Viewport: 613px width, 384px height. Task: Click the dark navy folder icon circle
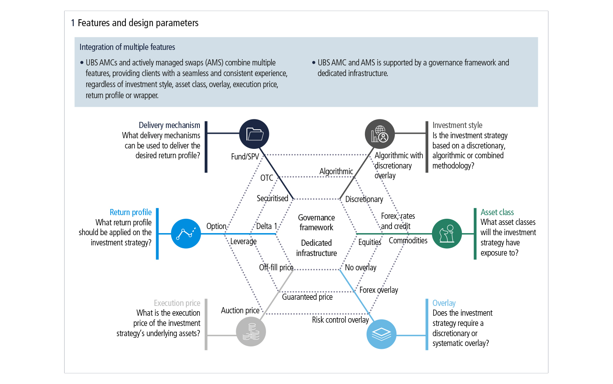pyautogui.click(x=254, y=134)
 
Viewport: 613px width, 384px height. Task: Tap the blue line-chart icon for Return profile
pyautogui.click(x=186, y=234)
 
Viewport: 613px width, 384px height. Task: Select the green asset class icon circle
pyautogui.click(x=447, y=234)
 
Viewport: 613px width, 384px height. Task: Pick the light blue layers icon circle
pyautogui.click(x=381, y=334)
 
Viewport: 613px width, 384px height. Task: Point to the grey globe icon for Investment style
pyautogui.click(x=380, y=134)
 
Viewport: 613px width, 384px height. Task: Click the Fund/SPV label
pyautogui.click(x=245, y=157)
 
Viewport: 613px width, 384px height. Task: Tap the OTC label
pyautogui.click(x=267, y=178)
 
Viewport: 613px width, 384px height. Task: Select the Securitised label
pyautogui.click(x=272, y=198)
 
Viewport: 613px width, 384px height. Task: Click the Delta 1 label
pyautogui.click(x=267, y=226)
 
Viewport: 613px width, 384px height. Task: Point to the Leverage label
pyautogui.click(x=243, y=241)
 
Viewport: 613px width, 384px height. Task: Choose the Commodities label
pyautogui.click(x=408, y=240)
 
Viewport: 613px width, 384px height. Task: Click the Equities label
pyautogui.click(x=369, y=242)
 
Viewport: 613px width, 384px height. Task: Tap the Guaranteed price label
pyautogui.click(x=307, y=297)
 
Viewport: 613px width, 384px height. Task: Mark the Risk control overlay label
pyautogui.click(x=340, y=320)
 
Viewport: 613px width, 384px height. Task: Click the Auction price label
pyautogui.click(x=240, y=310)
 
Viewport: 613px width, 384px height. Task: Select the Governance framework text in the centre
pyautogui.click(x=316, y=222)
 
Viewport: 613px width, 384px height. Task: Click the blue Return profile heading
pyautogui.click(x=131, y=212)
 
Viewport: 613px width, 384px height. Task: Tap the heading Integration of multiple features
pyautogui.click(x=127, y=47)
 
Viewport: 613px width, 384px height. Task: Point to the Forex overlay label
pyautogui.click(x=378, y=290)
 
